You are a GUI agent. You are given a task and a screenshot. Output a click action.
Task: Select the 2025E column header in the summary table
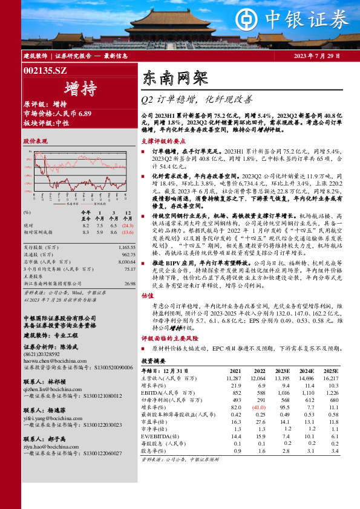click(330, 371)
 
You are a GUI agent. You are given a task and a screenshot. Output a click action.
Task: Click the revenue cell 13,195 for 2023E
click(282, 378)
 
